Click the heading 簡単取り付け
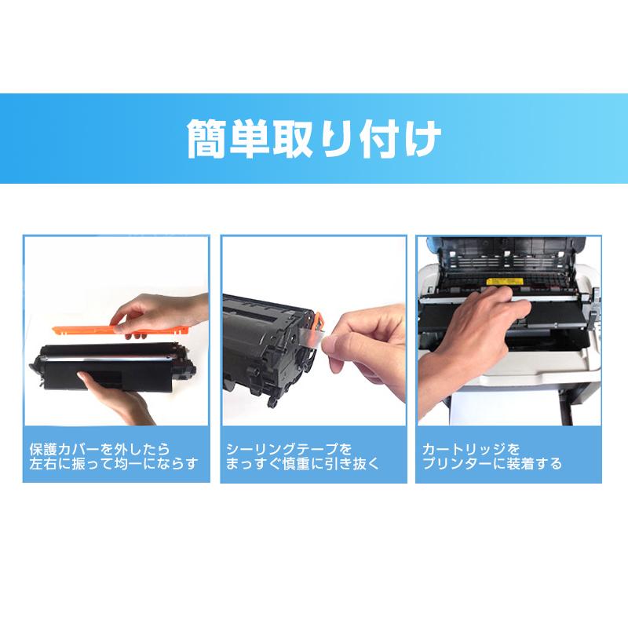click(x=314, y=139)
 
